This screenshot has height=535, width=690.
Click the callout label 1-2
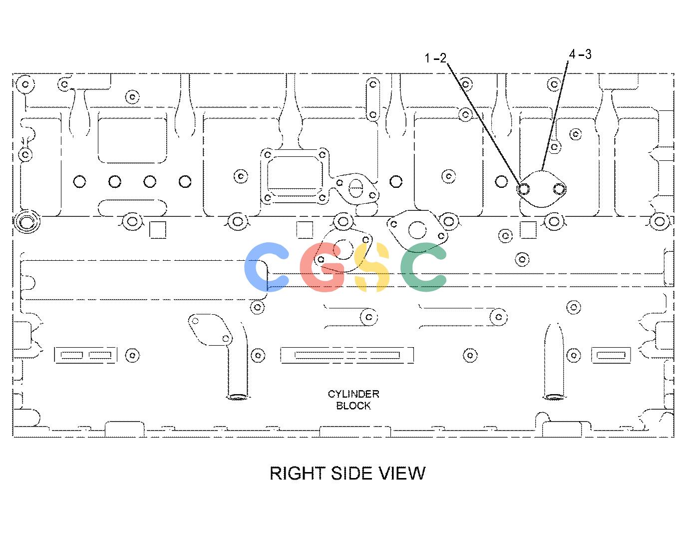point(435,58)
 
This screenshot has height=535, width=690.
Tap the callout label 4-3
point(580,54)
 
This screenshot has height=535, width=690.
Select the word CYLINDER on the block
point(353,394)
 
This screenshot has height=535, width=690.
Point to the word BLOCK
point(353,406)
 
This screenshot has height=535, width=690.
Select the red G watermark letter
point(322,267)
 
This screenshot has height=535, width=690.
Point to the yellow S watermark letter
point(372,267)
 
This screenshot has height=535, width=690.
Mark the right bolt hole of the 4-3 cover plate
point(559,189)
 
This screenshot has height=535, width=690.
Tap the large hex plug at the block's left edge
point(26,221)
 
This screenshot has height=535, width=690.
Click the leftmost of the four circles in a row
point(79,182)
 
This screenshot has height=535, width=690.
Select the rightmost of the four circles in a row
point(185,182)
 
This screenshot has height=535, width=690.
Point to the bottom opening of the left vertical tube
point(237,397)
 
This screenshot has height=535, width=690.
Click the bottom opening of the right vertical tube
point(554,397)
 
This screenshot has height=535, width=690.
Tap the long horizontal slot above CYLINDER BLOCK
point(346,355)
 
